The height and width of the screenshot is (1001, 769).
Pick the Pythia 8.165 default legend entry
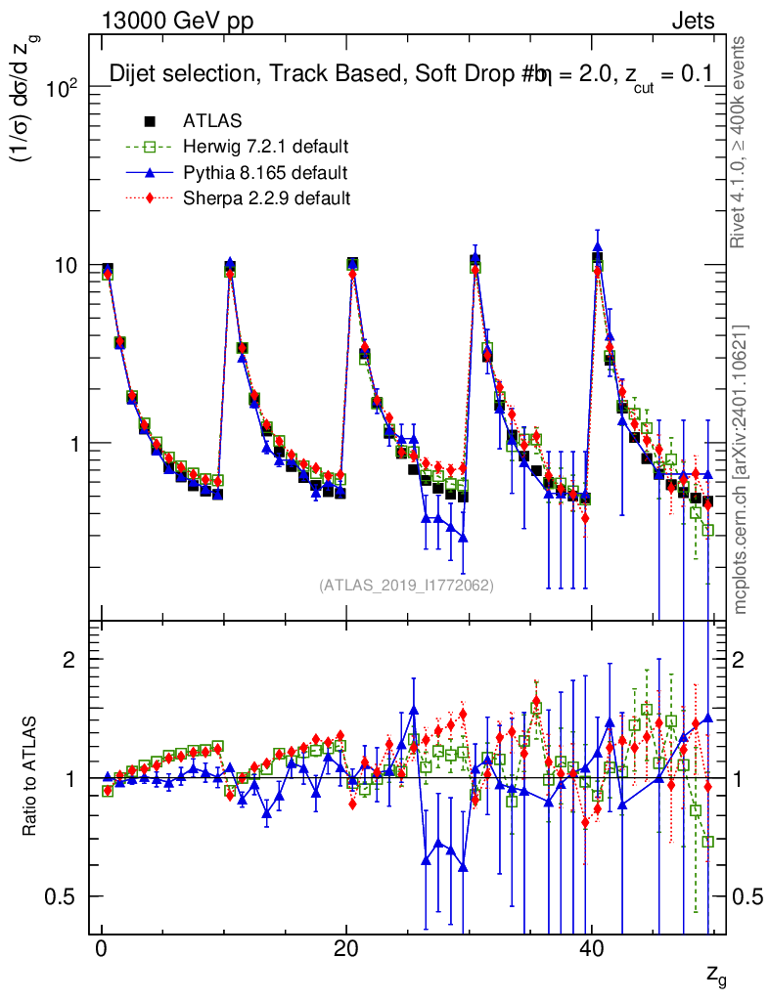[x=265, y=173]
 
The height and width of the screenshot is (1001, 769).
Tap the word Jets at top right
[x=692, y=22]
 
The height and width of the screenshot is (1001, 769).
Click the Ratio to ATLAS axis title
[x=31, y=778]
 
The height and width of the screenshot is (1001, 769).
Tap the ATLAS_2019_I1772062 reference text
[x=406, y=586]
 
